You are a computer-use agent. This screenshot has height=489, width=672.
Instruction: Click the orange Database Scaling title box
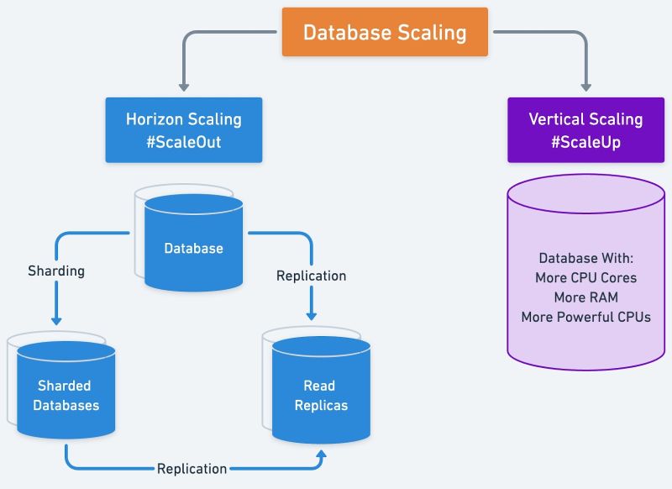click(385, 33)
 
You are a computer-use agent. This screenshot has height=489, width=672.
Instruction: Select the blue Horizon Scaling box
click(183, 129)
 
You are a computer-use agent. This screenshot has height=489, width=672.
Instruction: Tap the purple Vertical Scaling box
click(585, 129)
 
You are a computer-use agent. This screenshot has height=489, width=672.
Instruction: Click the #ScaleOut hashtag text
click(183, 142)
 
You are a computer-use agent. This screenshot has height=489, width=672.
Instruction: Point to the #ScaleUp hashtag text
click(585, 142)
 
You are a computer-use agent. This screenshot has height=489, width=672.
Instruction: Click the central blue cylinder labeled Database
click(193, 248)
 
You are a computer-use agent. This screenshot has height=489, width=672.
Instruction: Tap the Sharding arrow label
click(56, 271)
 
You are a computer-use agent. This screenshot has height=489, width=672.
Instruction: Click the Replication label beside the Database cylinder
click(311, 276)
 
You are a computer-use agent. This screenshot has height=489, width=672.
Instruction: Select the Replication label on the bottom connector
click(192, 468)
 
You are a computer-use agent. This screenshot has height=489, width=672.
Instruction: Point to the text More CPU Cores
click(585, 277)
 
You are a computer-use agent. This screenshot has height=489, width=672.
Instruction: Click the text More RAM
click(585, 297)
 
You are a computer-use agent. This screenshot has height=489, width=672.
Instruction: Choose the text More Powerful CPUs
click(585, 317)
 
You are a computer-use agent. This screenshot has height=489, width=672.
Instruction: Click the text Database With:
click(585, 258)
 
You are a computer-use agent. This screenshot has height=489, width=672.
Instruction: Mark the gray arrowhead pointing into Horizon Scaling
click(183, 86)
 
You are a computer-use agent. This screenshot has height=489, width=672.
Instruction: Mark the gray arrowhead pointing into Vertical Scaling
click(585, 86)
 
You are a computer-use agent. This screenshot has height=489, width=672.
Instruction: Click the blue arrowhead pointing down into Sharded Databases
click(56, 319)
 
